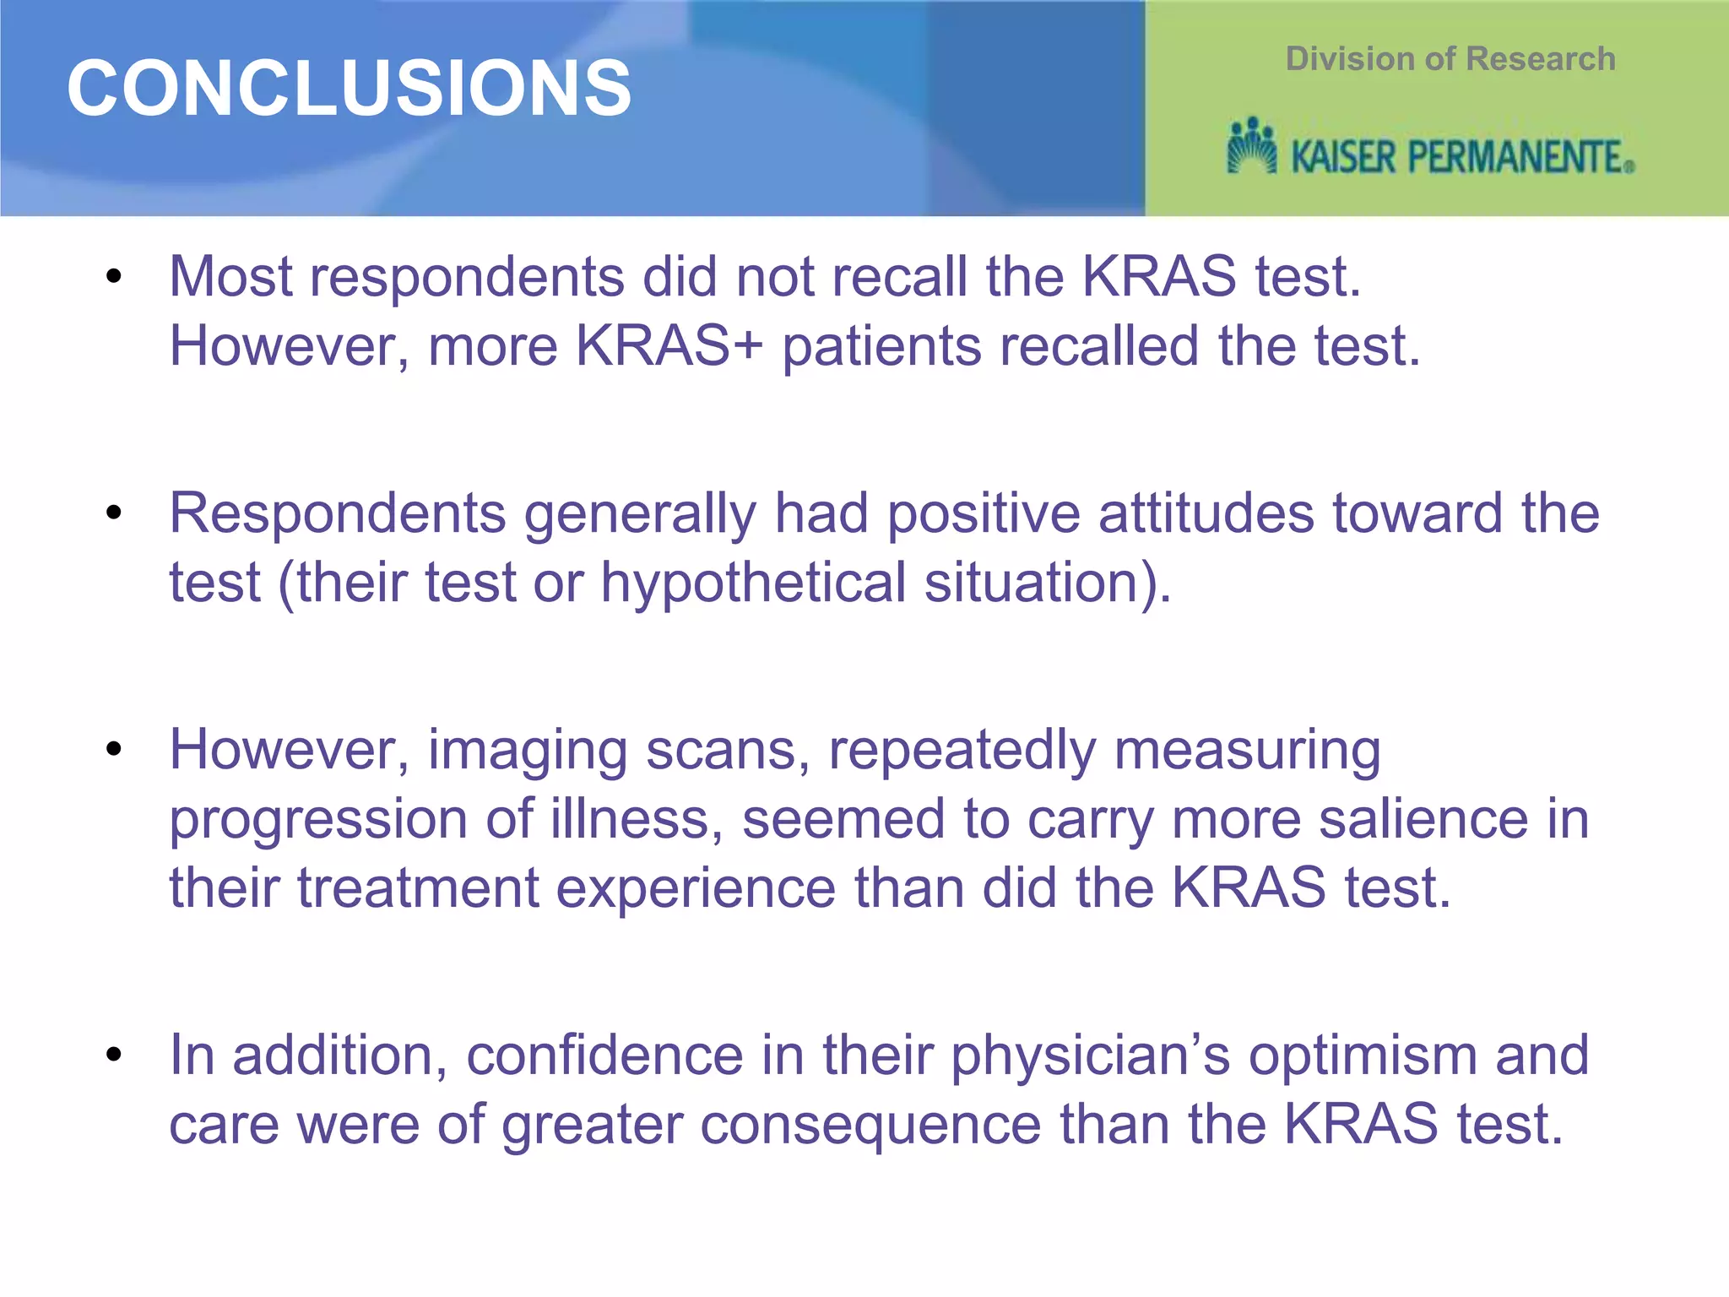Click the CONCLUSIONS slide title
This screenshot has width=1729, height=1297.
coord(349,89)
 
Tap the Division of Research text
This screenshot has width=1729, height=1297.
coord(1450,59)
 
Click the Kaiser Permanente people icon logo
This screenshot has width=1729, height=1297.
coord(1251,146)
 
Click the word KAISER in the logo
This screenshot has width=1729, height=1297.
coord(1343,158)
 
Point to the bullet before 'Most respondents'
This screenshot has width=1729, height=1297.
coord(114,276)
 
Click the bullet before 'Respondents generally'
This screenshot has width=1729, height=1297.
coord(114,513)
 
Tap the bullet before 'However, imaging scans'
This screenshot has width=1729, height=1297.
coord(114,749)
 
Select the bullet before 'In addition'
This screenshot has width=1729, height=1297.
coord(114,1055)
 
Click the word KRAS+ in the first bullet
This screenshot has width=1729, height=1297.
coord(669,346)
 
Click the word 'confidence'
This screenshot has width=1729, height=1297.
coord(604,1056)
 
